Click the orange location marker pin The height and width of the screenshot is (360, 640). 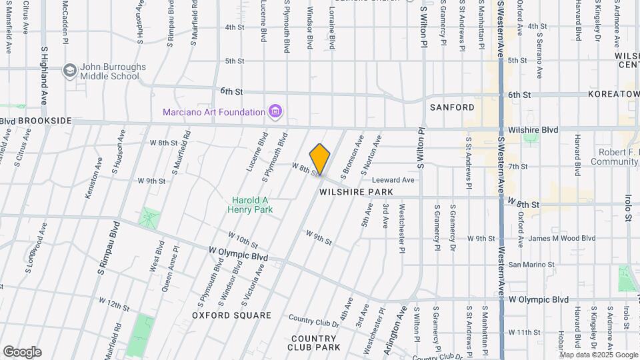tap(320, 159)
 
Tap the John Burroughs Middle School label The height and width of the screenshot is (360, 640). tap(110, 71)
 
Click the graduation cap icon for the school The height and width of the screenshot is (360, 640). tap(69, 70)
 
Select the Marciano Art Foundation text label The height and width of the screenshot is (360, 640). tap(214, 112)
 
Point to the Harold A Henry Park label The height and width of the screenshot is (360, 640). tap(253, 205)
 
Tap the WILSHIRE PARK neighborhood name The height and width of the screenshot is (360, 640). tap(356, 191)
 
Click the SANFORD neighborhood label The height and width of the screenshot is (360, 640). tap(452, 107)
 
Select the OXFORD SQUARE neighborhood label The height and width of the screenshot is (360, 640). tap(231, 315)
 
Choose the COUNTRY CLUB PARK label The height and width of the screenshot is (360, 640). tap(313, 343)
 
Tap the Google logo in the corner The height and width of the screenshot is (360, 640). tap(22, 351)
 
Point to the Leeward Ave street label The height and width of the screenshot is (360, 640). tap(393, 180)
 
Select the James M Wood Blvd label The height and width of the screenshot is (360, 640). tap(552, 238)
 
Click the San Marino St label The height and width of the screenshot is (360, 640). tap(531, 265)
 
